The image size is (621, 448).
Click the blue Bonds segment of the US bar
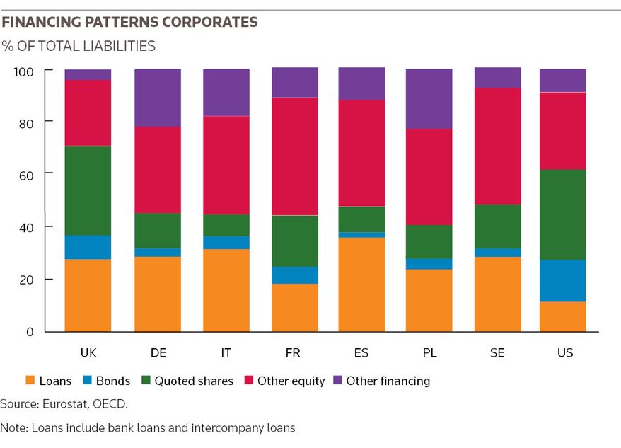[x=563, y=281]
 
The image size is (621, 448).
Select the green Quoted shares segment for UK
[x=88, y=190]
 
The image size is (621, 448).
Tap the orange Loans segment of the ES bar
[x=361, y=285]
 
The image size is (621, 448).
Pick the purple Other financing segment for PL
[x=429, y=98]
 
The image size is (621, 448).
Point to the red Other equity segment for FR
[x=295, y=156]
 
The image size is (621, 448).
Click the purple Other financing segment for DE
[x=158, y=98]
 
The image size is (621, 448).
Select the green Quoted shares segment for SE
[x=498, y=226]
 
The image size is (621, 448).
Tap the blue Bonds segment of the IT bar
[x=226, y=243]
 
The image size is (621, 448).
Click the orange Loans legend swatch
[x=30, y=380]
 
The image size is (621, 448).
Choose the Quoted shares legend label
[x=194, y=381]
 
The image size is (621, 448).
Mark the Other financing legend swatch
[x=337, y=380]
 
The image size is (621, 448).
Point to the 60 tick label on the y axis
[x=26, y=176]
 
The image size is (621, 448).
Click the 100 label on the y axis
[x=24, y=72]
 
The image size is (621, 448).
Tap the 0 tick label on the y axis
[x=30, y=332]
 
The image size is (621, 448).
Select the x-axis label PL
[x=430, y=353]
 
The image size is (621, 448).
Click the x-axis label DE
[x=158, y=353]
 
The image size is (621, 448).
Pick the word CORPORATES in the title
[x=209, y=22]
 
